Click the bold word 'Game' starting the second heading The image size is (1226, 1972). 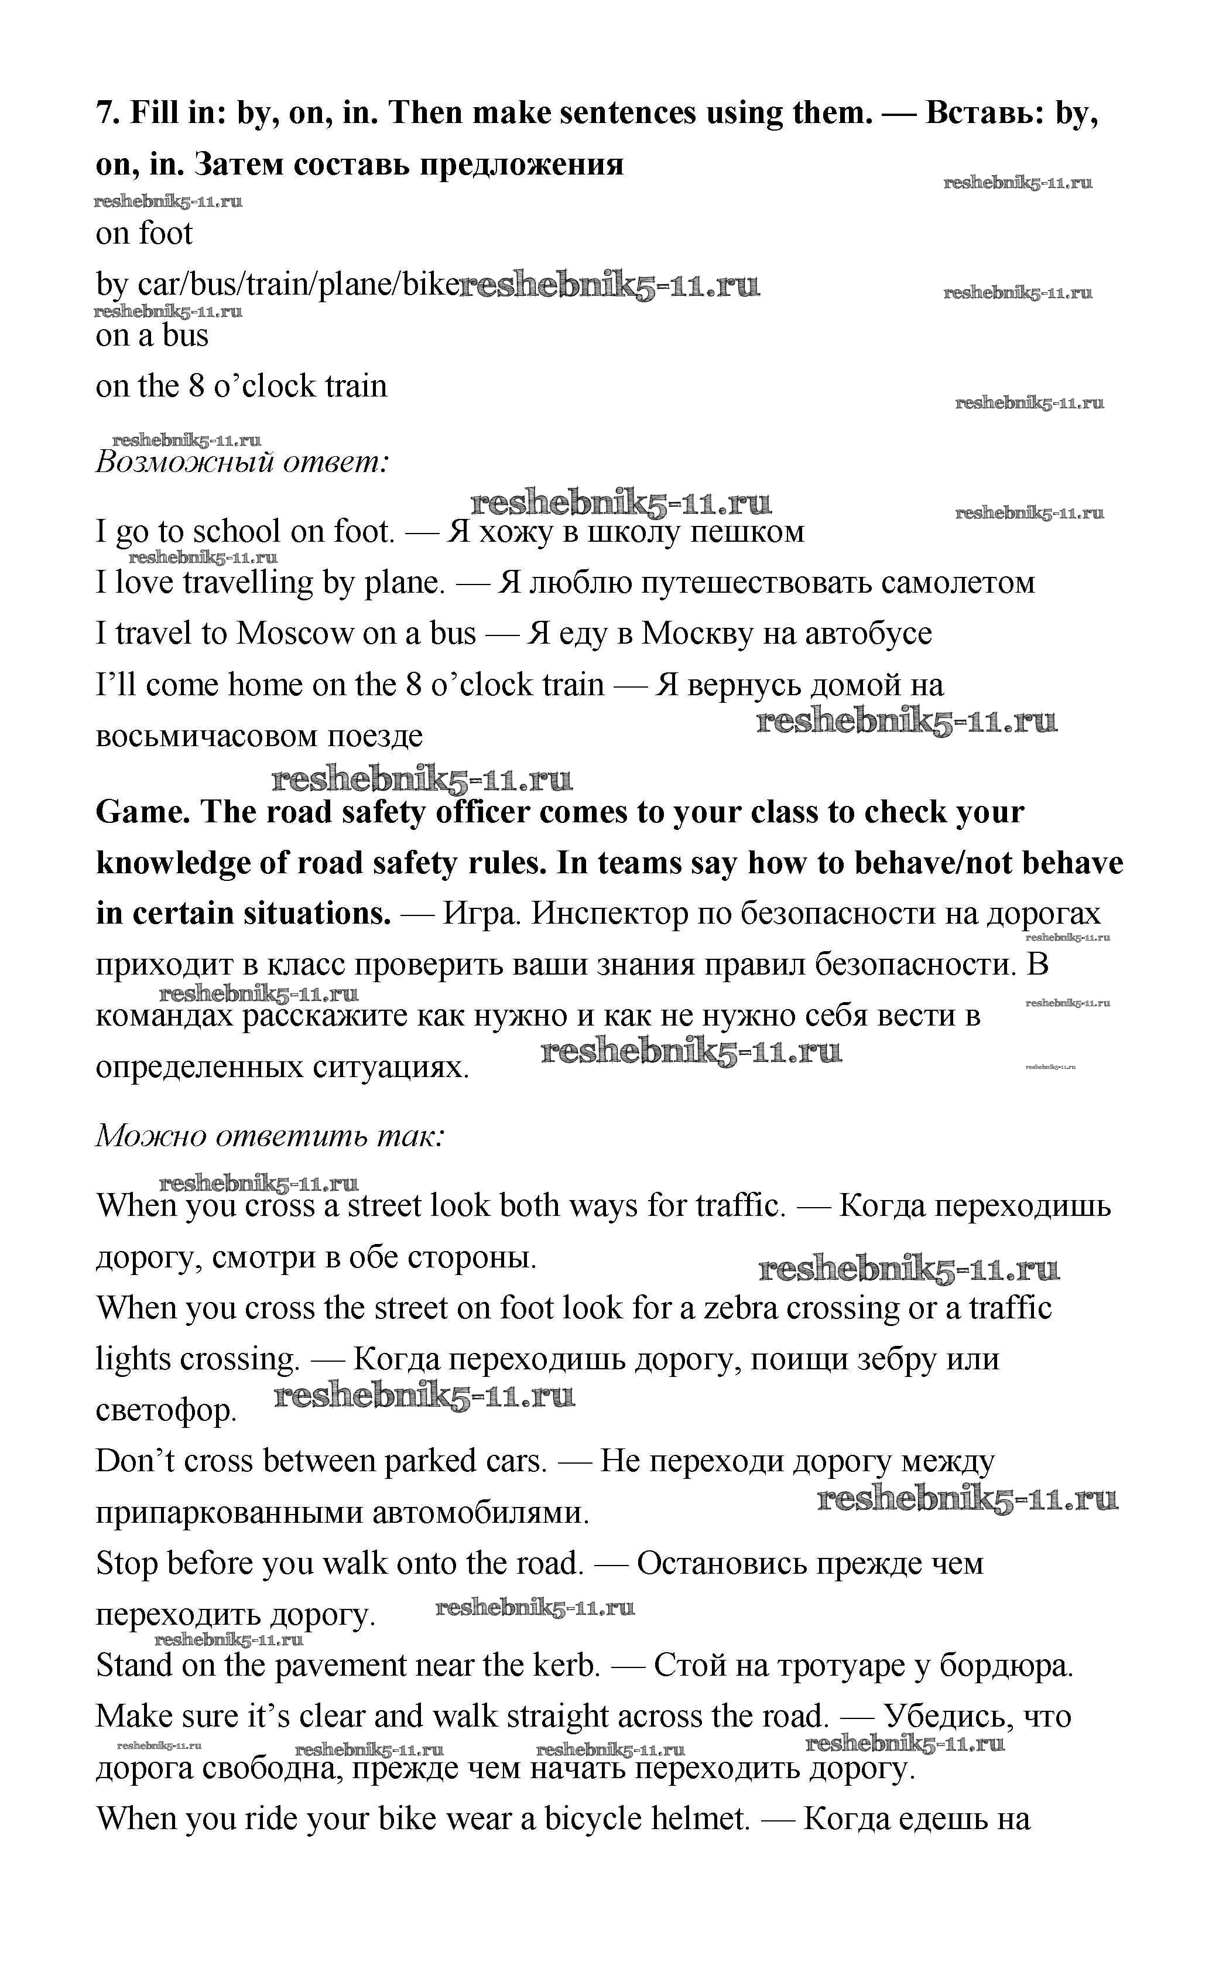click(142, 812)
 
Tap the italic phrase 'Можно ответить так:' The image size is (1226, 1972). click(270, 1136)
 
